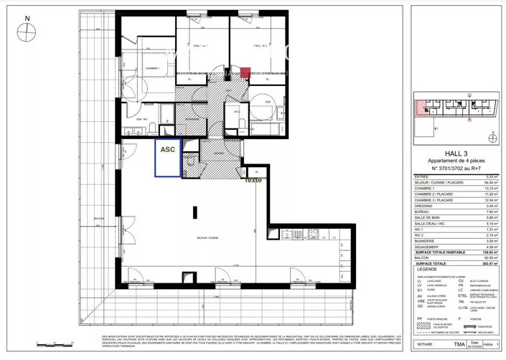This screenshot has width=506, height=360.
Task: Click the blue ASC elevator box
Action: (x=167, y=157)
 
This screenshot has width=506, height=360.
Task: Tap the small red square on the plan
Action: (x=245, y=72)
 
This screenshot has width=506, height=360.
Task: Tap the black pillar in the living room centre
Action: (x=196, y=212)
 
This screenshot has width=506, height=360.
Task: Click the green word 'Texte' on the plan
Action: (x=253, y=180)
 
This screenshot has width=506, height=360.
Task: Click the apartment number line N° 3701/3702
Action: (x=456, y=168)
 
